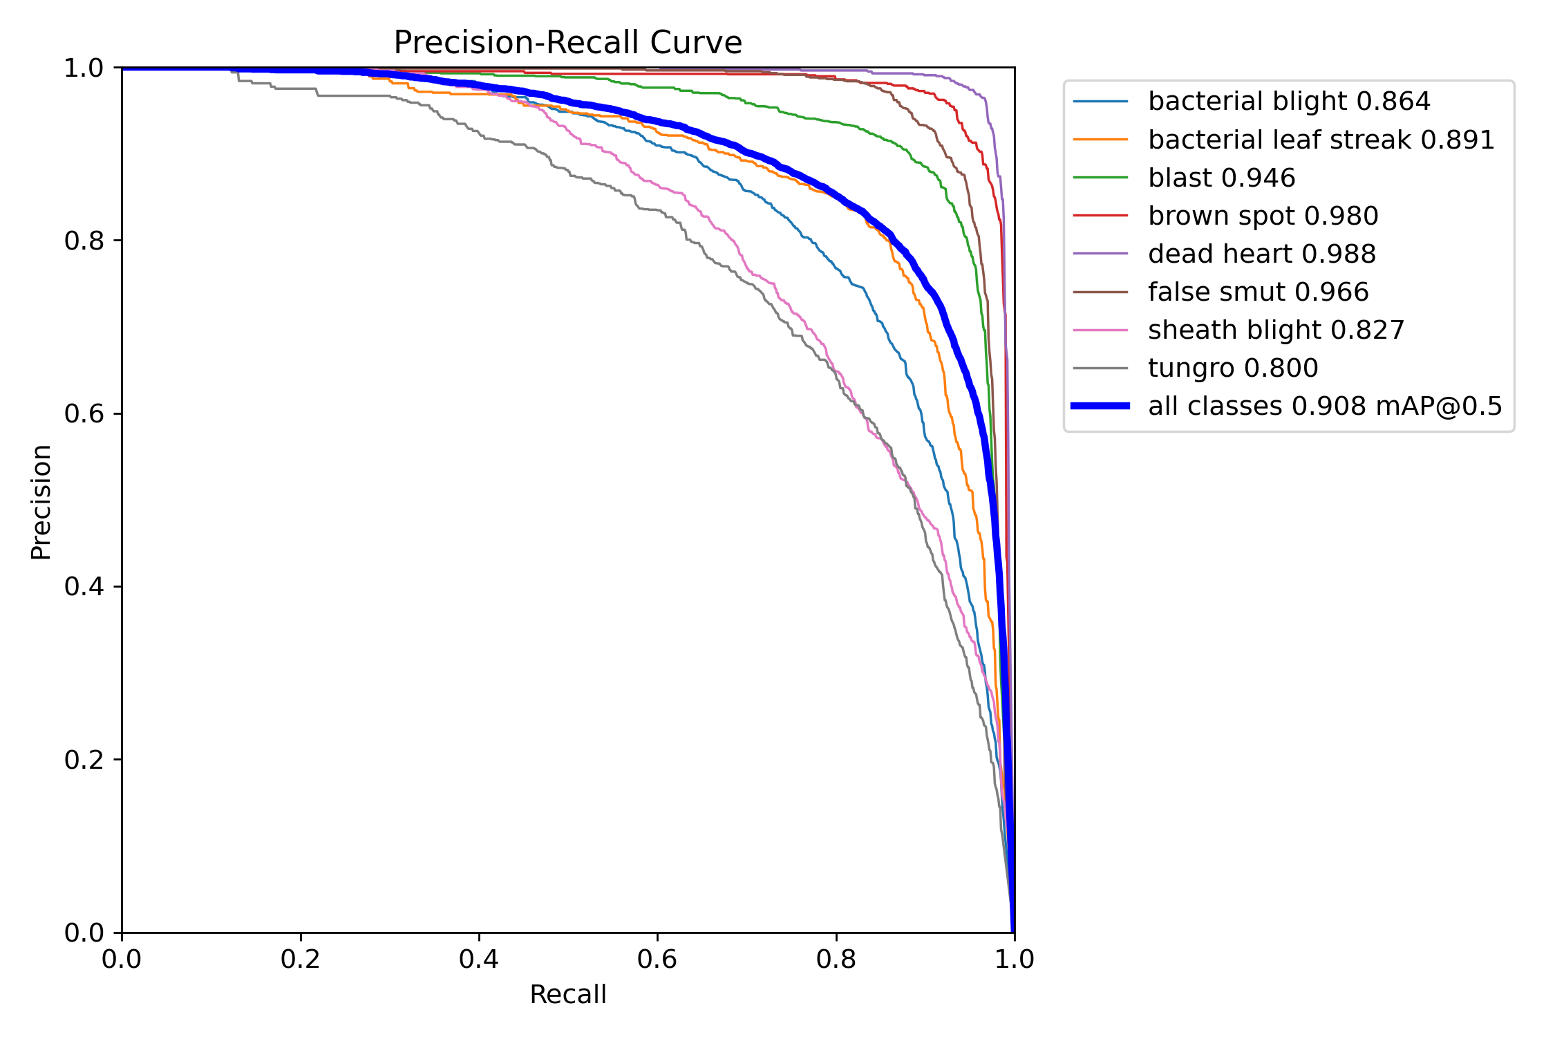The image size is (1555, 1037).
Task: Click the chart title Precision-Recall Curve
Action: pyautogui.click(x=567, y=43)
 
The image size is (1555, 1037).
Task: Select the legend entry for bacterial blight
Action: pyautogui.click(x=1288, y=102)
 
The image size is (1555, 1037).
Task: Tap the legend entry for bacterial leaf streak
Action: pyautogui.click(x=1321, y=140)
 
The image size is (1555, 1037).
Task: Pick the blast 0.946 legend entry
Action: pyautogui.click(x=1221, y=178)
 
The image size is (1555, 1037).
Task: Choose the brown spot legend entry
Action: pyautogui.click(x=1263, y=216)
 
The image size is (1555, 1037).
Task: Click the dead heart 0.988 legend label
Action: pyautogui.click(x=1261, y=254)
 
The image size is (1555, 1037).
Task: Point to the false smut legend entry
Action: pyautogui.click(x=1258, y=292)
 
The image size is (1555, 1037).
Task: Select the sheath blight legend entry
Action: pyautogui.click(x=1276, y=330)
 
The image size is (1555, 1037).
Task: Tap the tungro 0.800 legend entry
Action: pyautogui.click(x=1232, y=368)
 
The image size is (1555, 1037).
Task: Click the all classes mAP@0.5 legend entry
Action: pyautogui.click(x=1325, y=406)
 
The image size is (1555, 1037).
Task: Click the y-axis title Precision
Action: pyautogui.click(x=41, y=502)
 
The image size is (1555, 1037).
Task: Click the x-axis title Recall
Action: pyautogui.click(x=567, y=995)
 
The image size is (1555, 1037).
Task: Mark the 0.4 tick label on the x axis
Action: pyautogui.click(x=479, y=959)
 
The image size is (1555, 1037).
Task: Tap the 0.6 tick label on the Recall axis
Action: pyautogui.click(x=657, y=959)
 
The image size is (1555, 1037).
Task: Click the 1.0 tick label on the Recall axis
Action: pyautogui.click(x=1014, y=959)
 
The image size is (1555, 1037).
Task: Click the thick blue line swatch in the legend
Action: pyautogui.click(x=1100, y=406)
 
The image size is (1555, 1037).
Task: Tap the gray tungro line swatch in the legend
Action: pyautogui.click(x=1100, y=368)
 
